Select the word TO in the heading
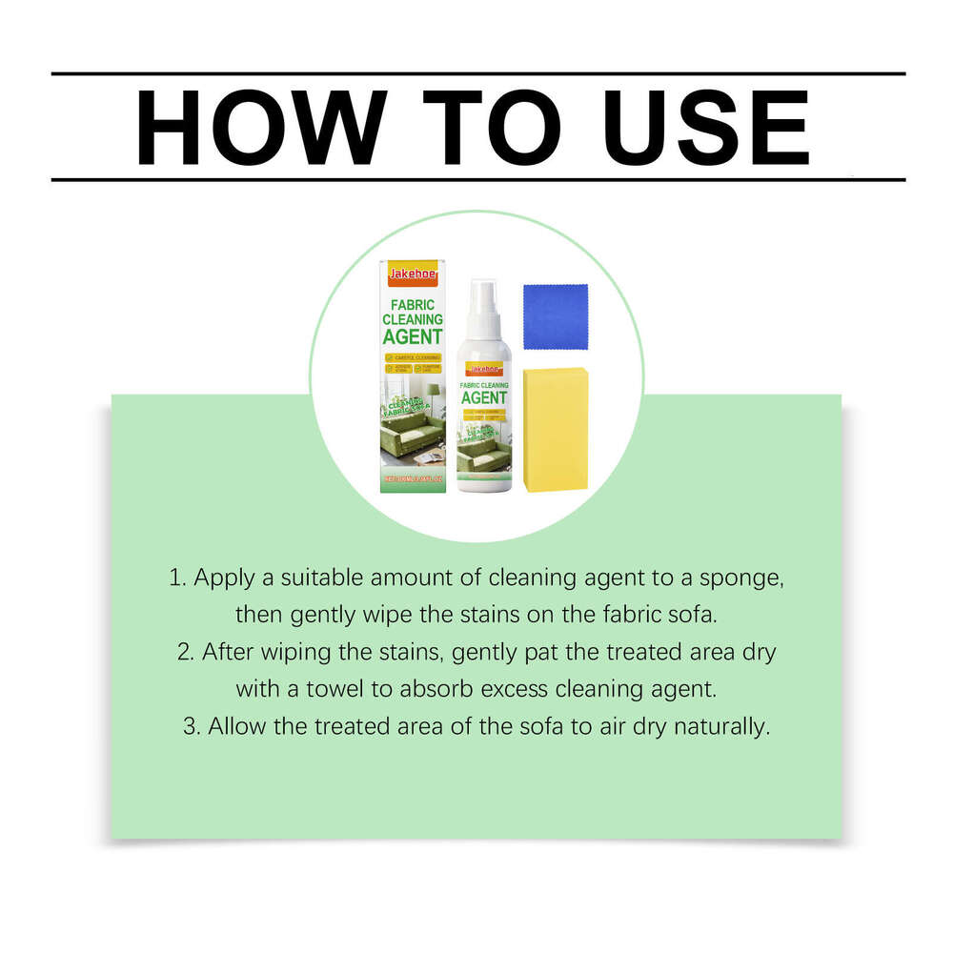coord(490,127)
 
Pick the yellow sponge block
coord(555,429)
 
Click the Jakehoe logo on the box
coord(412,274)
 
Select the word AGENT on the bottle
coord(483,397)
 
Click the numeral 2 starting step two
coord(183,652)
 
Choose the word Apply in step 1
coord(222,578)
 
